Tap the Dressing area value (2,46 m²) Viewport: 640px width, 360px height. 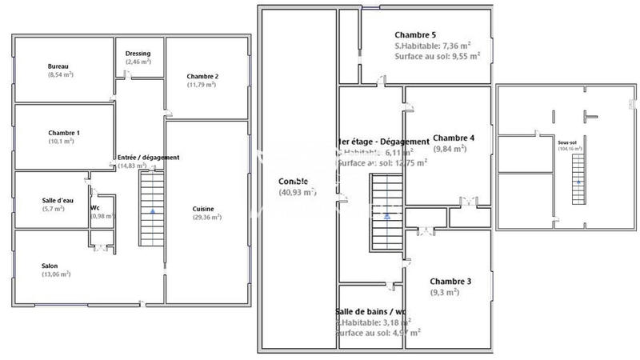(x=138, y=62)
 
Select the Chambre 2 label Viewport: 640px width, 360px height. (x=202, y=77)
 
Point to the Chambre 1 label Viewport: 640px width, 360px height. (x=64, y=133)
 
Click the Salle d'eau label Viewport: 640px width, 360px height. (x=59, y=200)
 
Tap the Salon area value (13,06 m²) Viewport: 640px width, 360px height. (x=56, y=274)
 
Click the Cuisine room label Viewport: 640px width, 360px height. (x=203, y=210)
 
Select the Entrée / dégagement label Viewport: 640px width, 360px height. (x=148, y=158)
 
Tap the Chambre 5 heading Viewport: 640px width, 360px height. (x=416, y=35)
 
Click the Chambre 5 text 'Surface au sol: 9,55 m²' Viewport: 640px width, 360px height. (x=437, y=57)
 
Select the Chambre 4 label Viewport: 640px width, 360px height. (x=454, y=138)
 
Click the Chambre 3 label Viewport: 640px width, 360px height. (x=450, y=282)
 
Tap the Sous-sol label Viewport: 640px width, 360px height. (x=569, y=142)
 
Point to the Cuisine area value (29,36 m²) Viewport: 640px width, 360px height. (x=203, y=218)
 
